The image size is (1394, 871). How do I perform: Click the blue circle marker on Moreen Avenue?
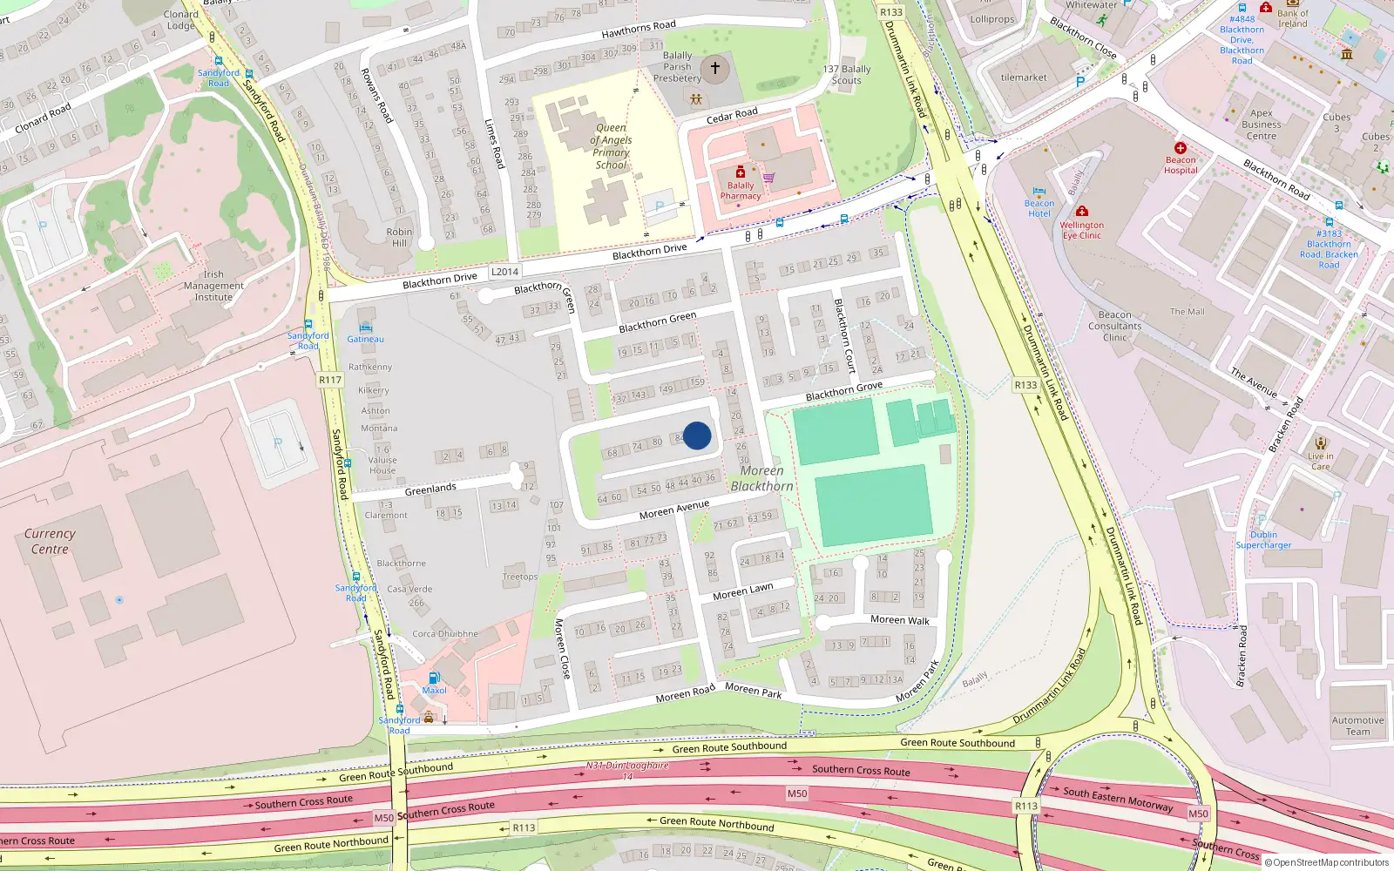click(697, 435)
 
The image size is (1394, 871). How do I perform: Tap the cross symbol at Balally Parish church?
click(715, 68)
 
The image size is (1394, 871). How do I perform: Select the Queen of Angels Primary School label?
click(611, 146)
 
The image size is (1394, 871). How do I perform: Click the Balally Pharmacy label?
click(741, 191)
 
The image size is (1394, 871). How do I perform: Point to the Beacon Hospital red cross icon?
click(1181, 148)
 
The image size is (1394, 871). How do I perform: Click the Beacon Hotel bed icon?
click(1039, 192)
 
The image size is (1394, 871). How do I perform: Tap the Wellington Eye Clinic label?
click(1081, 230)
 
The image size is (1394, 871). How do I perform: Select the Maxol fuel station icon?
click(434, 678)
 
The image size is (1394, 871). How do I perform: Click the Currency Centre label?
click(50, 541)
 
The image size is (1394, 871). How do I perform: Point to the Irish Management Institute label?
click(213, 286)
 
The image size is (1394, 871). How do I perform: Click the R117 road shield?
click(330, 380)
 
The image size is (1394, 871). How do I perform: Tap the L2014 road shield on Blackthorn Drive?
click(504, 272)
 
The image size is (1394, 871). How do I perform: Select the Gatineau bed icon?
click(365, 327)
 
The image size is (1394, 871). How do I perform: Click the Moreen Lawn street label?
click(742, 591)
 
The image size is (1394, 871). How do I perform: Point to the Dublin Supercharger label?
click(1263, 540)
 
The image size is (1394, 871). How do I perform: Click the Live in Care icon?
click(1321, 443)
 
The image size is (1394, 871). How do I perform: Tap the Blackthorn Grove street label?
click(843, 391)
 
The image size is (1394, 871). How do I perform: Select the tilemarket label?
click(1024, 78)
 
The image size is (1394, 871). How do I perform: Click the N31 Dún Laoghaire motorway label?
click(627, 766)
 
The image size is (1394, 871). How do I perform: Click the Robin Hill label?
click(399, 237)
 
